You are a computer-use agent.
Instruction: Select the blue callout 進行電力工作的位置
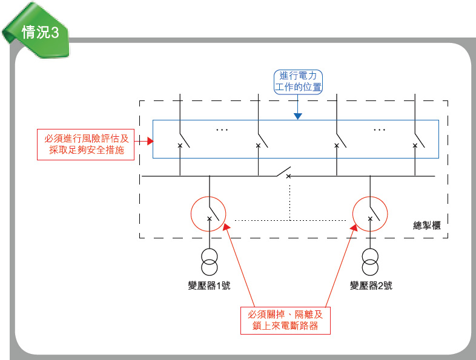[297, 82]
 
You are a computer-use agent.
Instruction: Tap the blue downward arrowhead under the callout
[297, 115]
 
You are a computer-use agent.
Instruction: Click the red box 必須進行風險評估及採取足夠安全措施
[87, 144]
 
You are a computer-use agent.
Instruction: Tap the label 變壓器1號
[209, 286]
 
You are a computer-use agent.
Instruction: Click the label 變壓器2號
[371, 286]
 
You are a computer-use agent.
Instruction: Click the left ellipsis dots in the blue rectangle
[222, 129]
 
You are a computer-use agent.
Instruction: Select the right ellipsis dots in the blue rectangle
[379, 129]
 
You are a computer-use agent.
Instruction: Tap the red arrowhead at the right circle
[352, 226]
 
